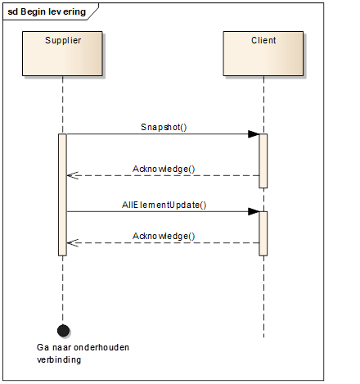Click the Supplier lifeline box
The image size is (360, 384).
click(62, 53)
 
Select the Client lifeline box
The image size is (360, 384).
click(263, 53)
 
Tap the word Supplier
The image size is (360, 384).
click(63, 41)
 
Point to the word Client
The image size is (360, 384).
click(263, 40)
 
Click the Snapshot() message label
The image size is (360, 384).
click(164, 127)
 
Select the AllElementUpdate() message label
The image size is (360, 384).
click(164, 205)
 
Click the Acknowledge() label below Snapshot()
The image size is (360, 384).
click(164, 169)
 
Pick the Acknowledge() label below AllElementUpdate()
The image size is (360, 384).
click(164, 236)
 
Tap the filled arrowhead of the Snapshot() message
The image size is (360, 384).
click(254, 134)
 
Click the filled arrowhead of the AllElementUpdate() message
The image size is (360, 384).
click(254, 211)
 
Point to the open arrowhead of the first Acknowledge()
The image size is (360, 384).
click(72, 175)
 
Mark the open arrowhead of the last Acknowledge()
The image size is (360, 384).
click(72, 242)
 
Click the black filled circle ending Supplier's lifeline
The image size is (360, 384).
click(63, 331)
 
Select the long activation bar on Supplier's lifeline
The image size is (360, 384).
click(62, 195)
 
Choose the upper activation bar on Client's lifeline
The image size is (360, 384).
click(263, 160)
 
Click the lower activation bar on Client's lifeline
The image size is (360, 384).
click(263, 233)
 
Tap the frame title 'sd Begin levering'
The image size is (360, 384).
click(47, 11)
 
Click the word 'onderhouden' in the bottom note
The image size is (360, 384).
click(101, 347)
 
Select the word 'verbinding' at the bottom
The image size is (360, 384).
click(59, 359)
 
